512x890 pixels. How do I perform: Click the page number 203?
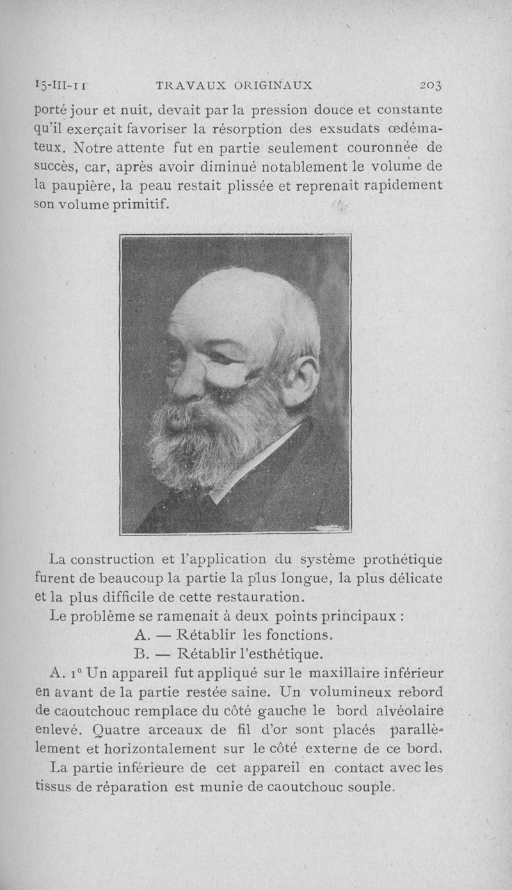tap(433, 85)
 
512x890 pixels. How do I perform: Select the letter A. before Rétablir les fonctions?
tap(142, 635)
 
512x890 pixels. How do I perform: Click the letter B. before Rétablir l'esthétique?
tap(141, 655)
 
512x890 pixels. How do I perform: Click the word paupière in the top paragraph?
tap(86, 186)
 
